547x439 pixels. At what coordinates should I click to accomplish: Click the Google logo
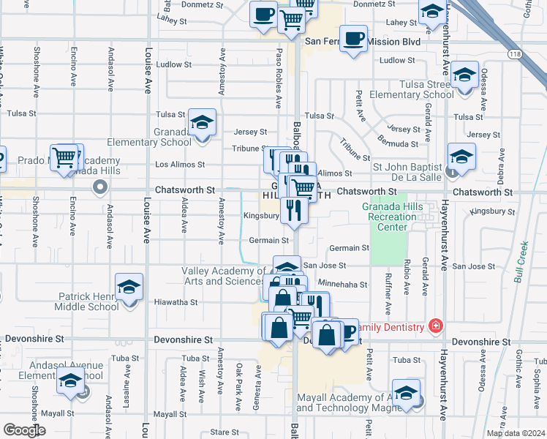point(24,430)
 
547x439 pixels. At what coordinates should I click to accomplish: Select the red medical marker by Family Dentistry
point(437,326)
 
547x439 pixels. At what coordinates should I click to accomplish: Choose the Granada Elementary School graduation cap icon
point(201,122)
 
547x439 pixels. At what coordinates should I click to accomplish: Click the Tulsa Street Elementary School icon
point(464,75)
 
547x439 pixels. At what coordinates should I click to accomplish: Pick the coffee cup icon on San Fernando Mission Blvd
point(354,39)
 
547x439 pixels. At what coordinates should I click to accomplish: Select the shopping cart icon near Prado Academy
point(64,157)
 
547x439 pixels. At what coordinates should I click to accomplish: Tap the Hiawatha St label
point(176,301)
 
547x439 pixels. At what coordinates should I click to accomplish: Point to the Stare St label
point(219,433)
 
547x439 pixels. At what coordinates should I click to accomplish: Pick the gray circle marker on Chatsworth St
point(99,189)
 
